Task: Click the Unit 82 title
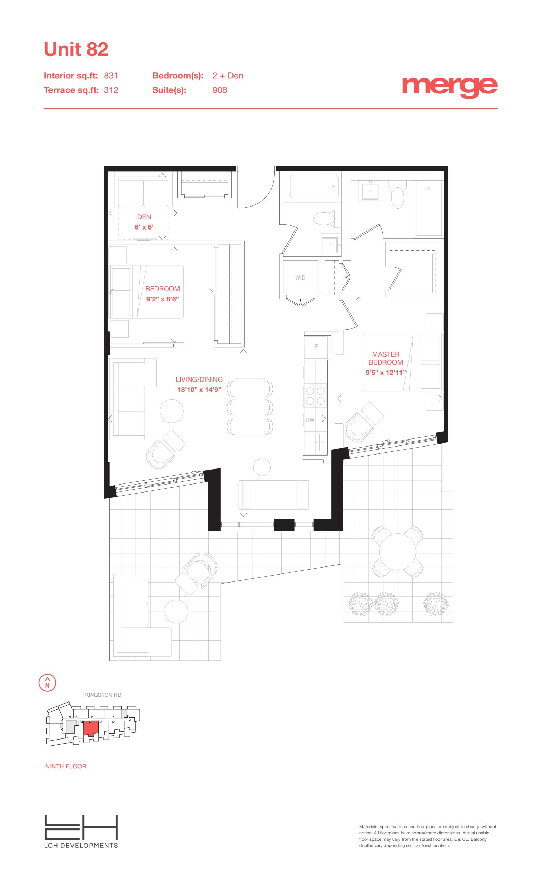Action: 76,49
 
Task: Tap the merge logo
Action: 449,87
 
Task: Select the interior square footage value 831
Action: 111,76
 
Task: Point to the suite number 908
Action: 219,90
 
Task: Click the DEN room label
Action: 144,217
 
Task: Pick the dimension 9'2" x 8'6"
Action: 162,299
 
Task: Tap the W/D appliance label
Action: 300,278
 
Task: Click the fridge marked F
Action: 316,347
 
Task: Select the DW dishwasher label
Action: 310,420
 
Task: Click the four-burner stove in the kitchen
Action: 315,396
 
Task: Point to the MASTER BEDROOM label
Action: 385,358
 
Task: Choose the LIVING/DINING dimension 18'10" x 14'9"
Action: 199,390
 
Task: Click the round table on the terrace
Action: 398,551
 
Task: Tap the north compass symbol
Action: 47,683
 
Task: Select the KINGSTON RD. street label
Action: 104,695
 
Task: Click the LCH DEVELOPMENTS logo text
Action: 81,846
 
